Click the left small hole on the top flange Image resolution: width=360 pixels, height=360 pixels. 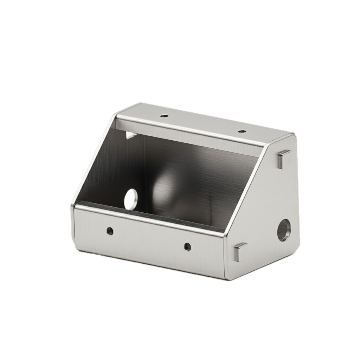pyautogui.click(x=164, y=116)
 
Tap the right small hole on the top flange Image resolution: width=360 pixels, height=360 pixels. pyautogui.click(x=242, y=131)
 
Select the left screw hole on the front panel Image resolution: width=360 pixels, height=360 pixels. pyautogui.click(x=110, y=231)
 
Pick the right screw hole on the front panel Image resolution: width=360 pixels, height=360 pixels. pyautogui.click(x=188, y=246)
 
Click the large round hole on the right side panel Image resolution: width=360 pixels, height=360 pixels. pyautogui.click(x=284, y=230)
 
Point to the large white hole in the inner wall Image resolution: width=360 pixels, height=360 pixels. pyautogui.click(x=131, y=199)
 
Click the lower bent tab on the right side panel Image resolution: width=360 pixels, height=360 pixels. pyautogui.click(x=240, y=252)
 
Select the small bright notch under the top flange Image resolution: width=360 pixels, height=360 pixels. pyautogui.click(x=131, y=135)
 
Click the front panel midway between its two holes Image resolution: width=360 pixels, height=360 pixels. pyautogui.click(x=149, y=239)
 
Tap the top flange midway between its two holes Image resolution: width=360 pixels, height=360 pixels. pyautogui.click(x=203, y=123)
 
